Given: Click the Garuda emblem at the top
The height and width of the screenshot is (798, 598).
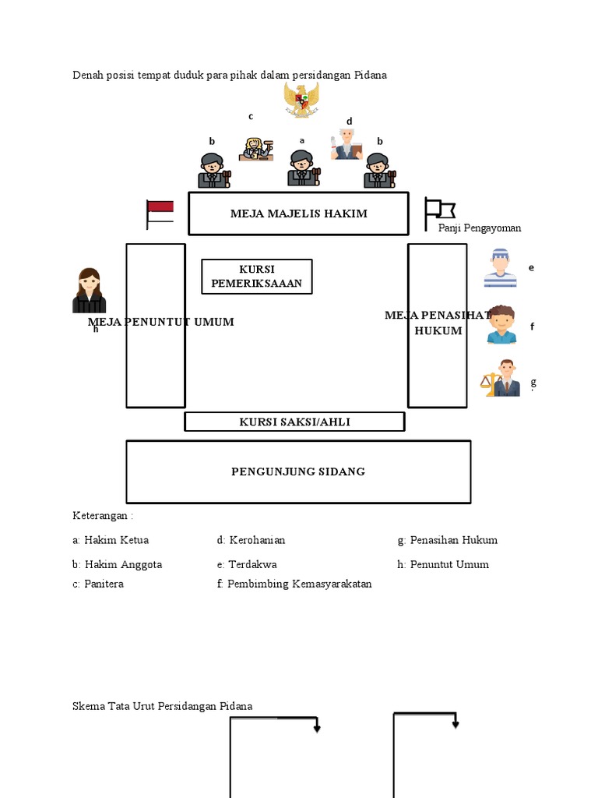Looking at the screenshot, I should (x=301, y=100).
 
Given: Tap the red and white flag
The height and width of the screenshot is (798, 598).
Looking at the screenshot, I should (x=160, y=214).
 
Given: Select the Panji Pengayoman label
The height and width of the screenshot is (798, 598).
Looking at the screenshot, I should (x=480, y=228).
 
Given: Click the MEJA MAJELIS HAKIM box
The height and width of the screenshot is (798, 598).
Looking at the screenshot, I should (x=298, y=214).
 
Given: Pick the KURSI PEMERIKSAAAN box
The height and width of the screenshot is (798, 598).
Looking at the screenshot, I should (x=257, y=277).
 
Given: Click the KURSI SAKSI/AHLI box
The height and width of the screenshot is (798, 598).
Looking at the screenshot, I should (x=294, y=422).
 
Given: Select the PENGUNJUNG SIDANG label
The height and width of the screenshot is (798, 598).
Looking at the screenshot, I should (x=298, y=471).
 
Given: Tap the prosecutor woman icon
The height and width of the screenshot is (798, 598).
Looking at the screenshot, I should (x=90, y=291).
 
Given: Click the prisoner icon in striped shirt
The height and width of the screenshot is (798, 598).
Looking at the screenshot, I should (x=500, y=268).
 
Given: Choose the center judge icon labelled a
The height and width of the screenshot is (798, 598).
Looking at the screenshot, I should (x=302, y=168).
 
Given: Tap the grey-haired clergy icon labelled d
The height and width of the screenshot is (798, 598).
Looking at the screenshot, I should (x=346, y=144).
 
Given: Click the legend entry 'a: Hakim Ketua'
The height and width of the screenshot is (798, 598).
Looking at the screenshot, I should (x=111, y=540).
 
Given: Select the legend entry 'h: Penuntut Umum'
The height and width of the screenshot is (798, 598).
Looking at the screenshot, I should (x=443, y=564).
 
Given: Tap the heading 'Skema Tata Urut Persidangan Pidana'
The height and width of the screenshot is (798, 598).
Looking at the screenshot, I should (x=163, y=706).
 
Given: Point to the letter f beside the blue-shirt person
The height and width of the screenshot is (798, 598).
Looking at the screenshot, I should (x=533, y=327).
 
